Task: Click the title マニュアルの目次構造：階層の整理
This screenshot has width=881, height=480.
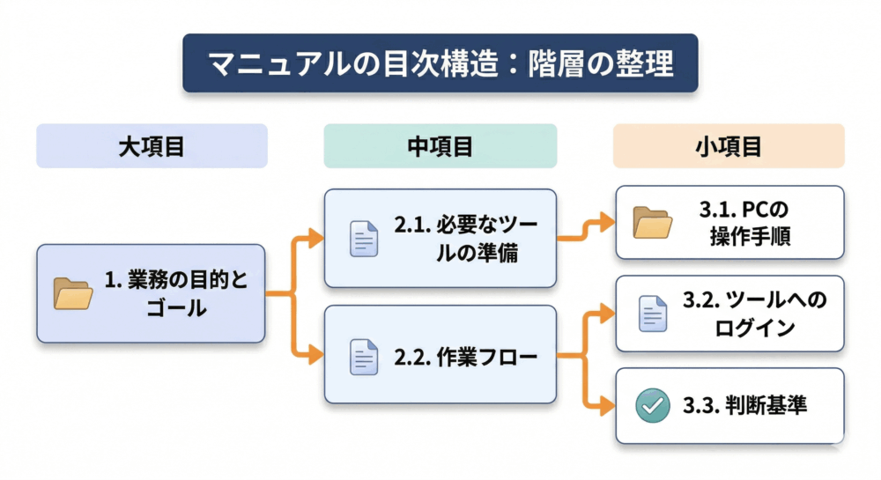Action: click(440, 63)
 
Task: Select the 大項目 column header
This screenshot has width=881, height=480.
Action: click(152, 146)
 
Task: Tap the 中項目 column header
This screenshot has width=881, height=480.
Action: click(440, 146)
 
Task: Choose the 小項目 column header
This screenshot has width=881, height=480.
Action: click(729, 146)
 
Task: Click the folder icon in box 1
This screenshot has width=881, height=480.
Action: click(73, 293)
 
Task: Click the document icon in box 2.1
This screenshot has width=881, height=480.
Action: click(361, 239)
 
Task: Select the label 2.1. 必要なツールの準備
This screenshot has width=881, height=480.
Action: click(464, 239)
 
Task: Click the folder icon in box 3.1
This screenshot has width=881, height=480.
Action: click(653, 222)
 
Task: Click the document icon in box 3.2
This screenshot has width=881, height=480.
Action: click(653, 313)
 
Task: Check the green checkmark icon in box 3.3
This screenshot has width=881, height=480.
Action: click(653, 405)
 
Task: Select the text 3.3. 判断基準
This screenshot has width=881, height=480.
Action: click(744, 406)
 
